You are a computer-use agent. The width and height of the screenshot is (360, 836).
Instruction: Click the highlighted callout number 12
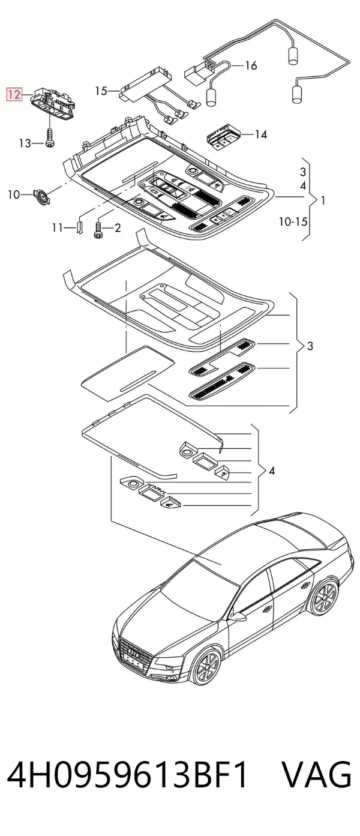(x=14, y=94)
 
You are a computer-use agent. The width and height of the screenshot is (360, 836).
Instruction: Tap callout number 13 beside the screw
(x=25, y=143)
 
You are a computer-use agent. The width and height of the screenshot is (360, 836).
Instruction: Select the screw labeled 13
(x=49, y=138)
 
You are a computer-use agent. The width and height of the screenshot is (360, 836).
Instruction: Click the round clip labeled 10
(x=42, y=196)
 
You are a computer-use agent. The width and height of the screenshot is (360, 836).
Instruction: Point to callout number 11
(x=57, y=227)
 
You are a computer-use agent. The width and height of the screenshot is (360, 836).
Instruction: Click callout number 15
(x=101, y=91)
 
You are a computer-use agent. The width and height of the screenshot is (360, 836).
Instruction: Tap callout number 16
(x=251, y=65)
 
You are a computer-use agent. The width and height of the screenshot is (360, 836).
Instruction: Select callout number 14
(x=261, y=134)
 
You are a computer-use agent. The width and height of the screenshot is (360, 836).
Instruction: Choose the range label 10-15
(x=293, y=221)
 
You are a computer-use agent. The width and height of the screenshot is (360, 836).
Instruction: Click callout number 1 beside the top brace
(x=323, y=200)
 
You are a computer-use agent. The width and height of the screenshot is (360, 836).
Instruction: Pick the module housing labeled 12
(x=55, y=103)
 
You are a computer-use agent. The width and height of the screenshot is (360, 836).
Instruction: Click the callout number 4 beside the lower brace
(x=272, y=471)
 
